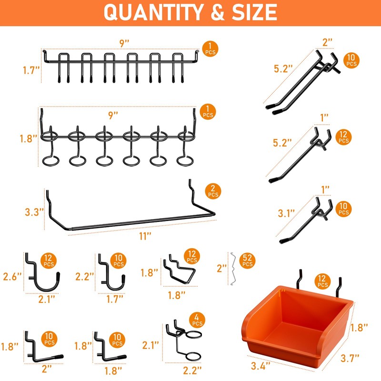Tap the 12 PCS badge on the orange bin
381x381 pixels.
[322, 281]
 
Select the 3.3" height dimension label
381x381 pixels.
[35, 210]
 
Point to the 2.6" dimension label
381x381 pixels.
[13, 276]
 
